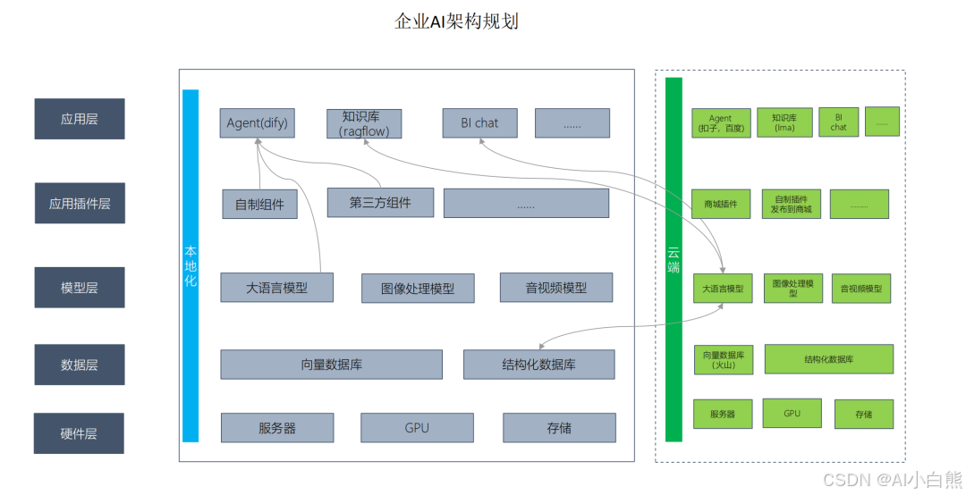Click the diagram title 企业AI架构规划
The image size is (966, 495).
click(456, 21)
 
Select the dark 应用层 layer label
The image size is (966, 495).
click(79, 119)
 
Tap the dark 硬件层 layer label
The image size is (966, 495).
click(79, 433)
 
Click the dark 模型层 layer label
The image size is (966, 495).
click(79, 287)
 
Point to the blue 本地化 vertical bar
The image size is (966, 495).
click(191, 265)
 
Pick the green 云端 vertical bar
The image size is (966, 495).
click(674, 259)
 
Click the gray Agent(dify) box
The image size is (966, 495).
click(257, 123)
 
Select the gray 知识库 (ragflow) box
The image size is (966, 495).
click(364, 124)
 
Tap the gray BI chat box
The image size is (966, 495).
click(479, 123)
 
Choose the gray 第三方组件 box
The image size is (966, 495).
click(380, 203)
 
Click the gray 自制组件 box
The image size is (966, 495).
click(259, 205)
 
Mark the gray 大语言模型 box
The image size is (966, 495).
click(276, 288)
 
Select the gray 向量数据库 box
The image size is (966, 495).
click(331, 365)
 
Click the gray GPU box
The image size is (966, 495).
click(417, 428)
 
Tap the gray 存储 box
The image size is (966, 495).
click(559, 428)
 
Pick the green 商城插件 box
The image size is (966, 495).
click(721, 204)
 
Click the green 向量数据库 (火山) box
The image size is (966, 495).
click(723, 359)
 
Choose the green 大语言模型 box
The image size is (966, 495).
click(723, 289)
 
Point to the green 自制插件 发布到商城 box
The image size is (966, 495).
click(791, 204)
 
